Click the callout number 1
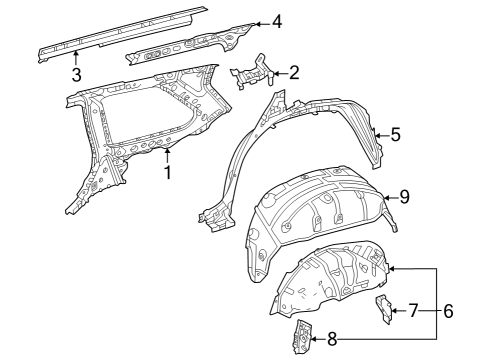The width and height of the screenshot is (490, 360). tap(168, 171)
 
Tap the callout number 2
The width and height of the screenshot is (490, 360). tap(293, 71)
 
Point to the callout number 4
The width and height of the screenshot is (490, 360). tap(276, 21)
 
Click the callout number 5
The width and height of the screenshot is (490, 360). tap(395, 133)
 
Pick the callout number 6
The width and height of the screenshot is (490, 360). tap(448, 311)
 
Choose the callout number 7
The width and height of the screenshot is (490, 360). tap(413, 311)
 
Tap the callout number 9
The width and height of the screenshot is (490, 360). tap(404, 197)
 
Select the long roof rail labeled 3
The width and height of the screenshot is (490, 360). tap(120, 31)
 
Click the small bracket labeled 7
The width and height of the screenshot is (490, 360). tap(383, 308)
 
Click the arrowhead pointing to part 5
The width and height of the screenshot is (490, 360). tap(377, 132)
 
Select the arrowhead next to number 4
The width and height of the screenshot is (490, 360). tap(256, 22)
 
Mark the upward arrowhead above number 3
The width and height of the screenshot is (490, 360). tap(76, 55)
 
